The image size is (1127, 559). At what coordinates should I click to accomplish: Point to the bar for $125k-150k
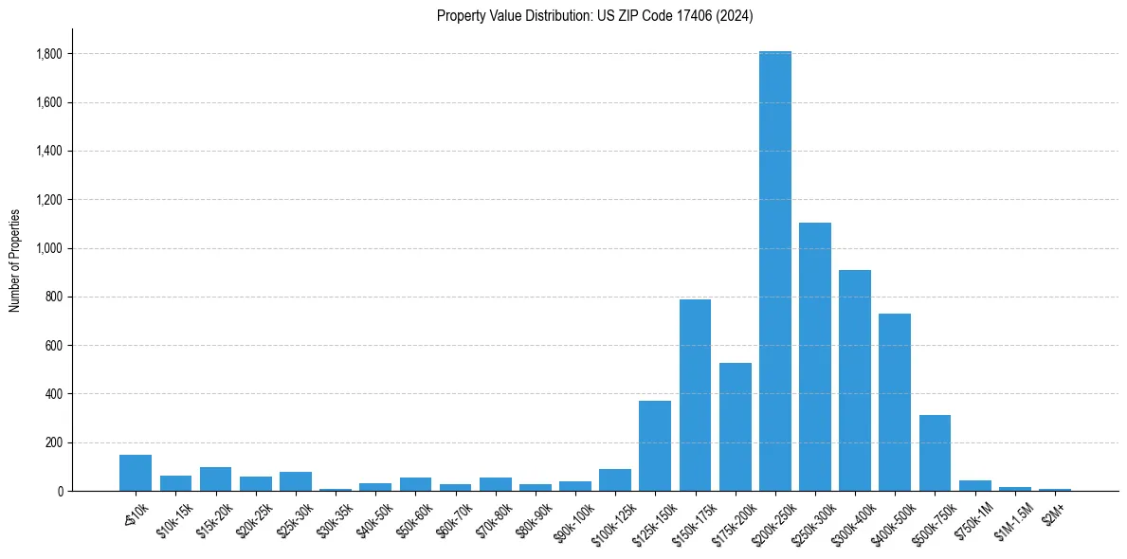pos(655,446)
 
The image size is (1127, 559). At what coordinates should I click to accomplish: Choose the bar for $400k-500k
pos(895,403)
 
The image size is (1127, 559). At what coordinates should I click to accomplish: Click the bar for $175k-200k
pos(735,427)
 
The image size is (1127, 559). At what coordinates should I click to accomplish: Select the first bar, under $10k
pos(136,473)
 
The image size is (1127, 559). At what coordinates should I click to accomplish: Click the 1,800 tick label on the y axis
pos(49,54)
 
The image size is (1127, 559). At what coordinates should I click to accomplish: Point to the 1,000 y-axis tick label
pos(49,248)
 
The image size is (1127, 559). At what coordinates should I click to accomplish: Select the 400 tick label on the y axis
pos(54,394)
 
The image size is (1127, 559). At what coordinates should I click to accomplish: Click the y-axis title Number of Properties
pos(15,260)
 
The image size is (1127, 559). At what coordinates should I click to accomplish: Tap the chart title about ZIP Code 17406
pos(595,15)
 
